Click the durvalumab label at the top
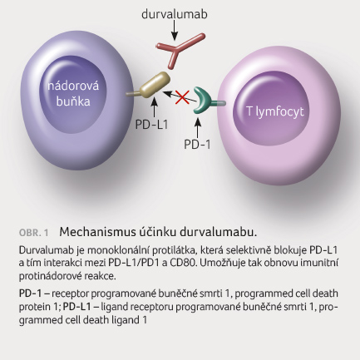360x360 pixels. click(x=175, y=14)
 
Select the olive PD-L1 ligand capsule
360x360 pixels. click(x=155, y=84)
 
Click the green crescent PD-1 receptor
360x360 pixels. click(x=201, y=101)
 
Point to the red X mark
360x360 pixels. click(x=182, y=97)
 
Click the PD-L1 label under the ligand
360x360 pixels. click(x=151, y=125)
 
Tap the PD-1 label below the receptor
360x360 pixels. click(x=197, y=145)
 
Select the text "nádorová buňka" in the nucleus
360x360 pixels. click(x=73, y=93)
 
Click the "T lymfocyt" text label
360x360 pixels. click(x=275, y=111)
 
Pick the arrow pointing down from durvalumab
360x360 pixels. click(x=175, y=30)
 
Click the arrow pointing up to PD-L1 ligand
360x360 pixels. click(x=155, y=107)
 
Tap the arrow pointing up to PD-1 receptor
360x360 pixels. click(x=198, y=127)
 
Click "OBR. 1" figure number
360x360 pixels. click(x=33, y=233)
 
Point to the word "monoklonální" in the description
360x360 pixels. click(x=118, y=250)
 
